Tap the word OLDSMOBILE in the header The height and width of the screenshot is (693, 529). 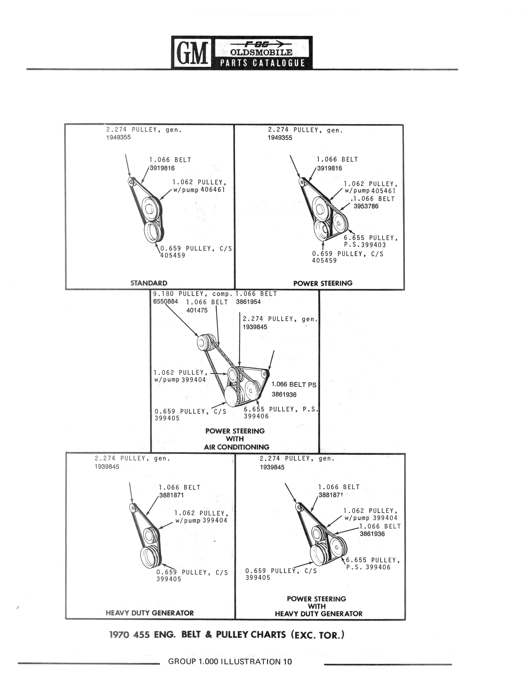261,52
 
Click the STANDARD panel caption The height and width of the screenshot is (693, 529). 149,283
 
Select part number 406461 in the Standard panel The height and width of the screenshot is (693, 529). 213,190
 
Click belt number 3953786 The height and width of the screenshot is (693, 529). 366,206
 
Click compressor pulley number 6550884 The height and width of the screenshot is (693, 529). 165,301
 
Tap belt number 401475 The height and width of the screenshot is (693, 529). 197,310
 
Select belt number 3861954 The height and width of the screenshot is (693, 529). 249,302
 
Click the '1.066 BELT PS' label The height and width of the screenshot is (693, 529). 294,385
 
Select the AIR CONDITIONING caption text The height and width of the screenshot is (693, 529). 236,447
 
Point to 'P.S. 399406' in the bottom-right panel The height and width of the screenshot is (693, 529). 368,567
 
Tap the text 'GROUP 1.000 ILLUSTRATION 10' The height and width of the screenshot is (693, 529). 230,661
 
